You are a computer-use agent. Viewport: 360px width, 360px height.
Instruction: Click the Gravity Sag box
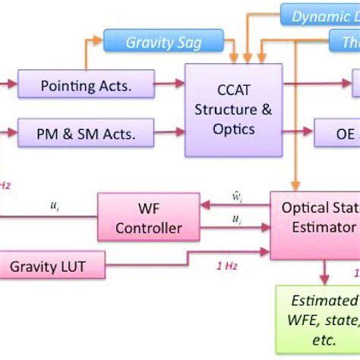(163, 43)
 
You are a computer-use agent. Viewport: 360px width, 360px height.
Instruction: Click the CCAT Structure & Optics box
(233, 109)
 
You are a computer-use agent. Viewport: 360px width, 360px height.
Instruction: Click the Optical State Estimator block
(315, 217)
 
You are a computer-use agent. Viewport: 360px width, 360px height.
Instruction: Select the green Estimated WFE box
(319, 319)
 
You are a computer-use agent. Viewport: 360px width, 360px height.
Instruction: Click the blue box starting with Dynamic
(319, 15)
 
